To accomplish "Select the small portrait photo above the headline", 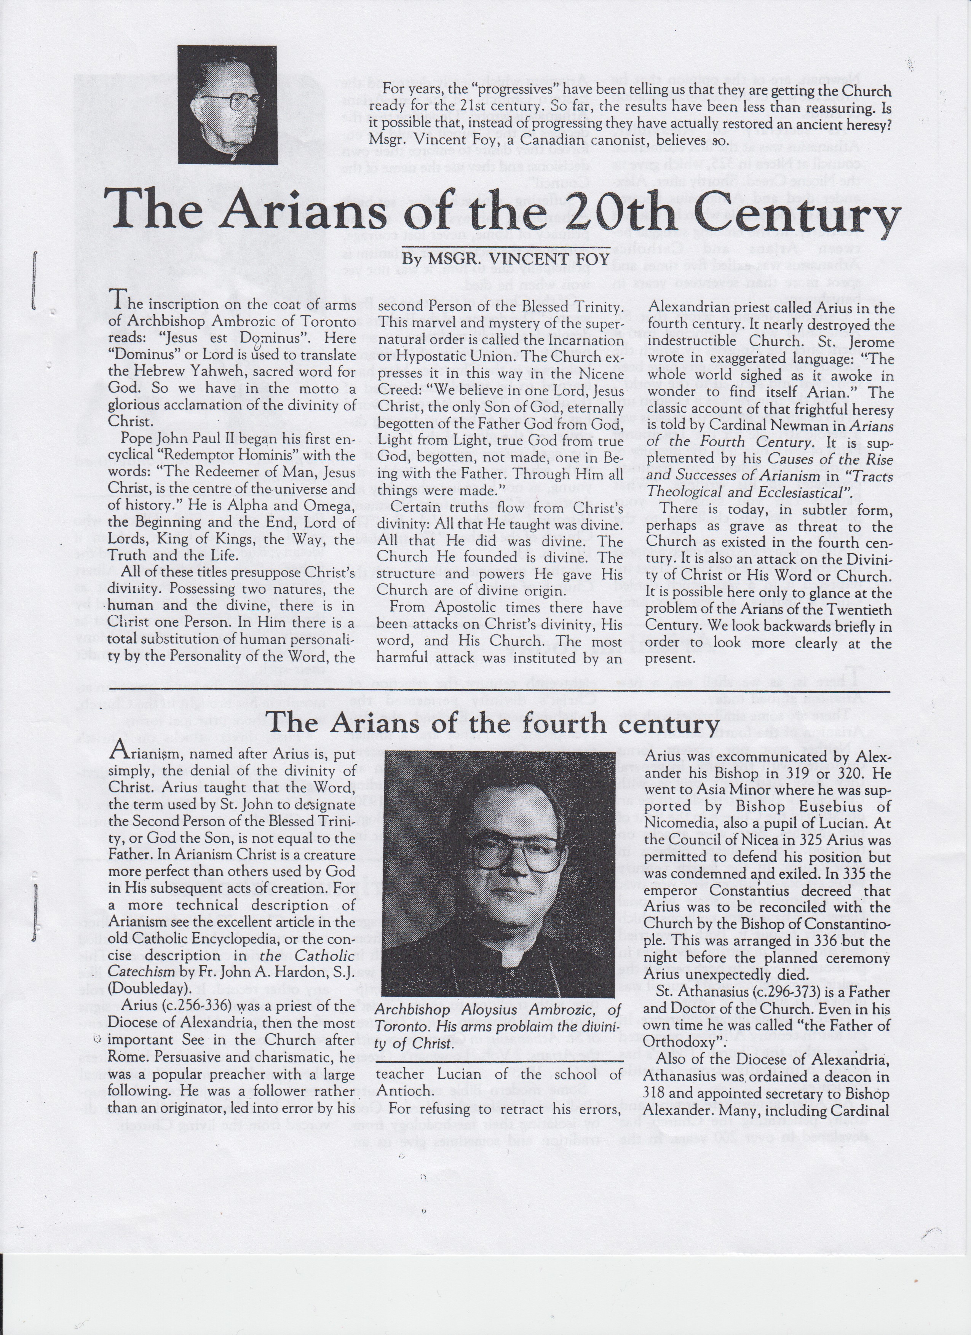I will [228, 104].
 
